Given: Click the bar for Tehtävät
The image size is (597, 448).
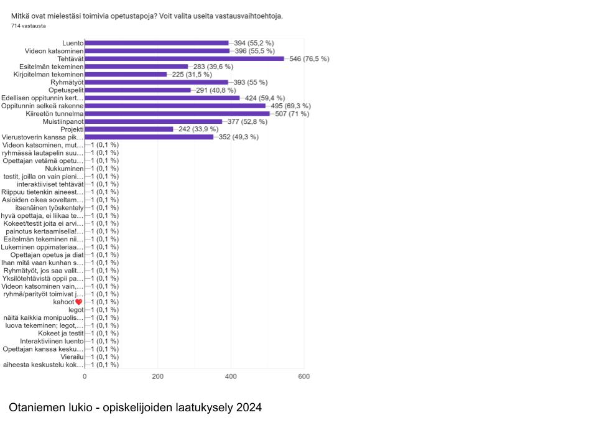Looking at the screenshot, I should (184, 58).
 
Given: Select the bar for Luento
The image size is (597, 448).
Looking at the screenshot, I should (157, 43).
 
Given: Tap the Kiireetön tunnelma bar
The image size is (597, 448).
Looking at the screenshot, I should (177, 113).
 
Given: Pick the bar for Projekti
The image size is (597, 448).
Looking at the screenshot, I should (129, 129).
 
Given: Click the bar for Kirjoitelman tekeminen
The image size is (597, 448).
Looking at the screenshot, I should (126, 74).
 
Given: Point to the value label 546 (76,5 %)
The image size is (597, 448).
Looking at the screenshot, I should (310, 58).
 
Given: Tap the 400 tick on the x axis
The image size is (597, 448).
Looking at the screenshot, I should (231, 376).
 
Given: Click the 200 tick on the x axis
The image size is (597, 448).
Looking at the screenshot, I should (158, 376).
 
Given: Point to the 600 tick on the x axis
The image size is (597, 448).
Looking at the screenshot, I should (304, 376).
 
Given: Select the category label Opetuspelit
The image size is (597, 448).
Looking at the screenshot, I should (66, 90).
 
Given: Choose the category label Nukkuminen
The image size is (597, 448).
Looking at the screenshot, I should (64, 168).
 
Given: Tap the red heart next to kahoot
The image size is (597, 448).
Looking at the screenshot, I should (79, 302).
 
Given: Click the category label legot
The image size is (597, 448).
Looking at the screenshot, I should (75, 310).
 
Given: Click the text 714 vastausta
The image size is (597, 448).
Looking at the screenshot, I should (29, 26).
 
